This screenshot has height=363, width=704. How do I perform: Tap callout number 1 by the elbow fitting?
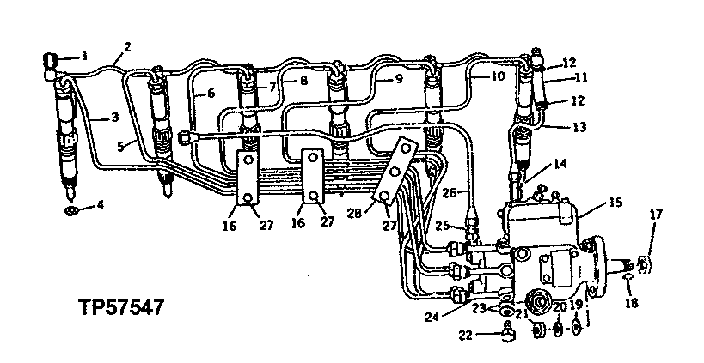(x=84, y=56)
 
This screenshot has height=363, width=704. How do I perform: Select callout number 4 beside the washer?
(x=101, y=204)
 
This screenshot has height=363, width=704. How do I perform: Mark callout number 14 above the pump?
(x=560, y=162)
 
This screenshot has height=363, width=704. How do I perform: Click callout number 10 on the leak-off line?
(x=499, y=76)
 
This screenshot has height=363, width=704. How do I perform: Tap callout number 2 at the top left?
(x=127, y=46)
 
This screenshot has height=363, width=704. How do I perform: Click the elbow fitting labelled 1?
(x=49, y=60)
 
